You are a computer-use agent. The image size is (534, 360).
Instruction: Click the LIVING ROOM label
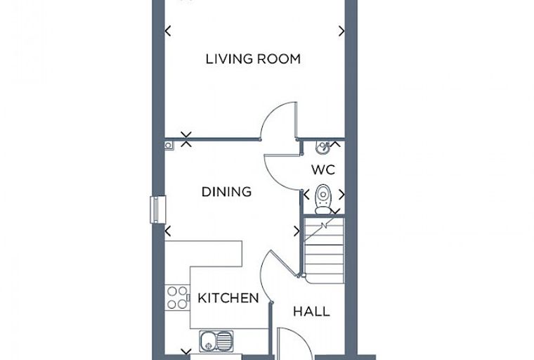[x=253, y=59]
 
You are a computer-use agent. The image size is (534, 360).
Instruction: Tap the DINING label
[x=226, y=191]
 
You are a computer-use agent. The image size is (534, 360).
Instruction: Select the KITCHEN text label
[x=228, y=298]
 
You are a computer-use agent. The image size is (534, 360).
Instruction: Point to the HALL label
[x=311, y=311]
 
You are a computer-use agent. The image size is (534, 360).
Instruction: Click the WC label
[x=323, y=169]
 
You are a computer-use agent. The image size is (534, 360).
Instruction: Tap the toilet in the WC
[x=323, y=199]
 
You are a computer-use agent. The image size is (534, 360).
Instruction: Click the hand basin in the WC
[x=323, y=147]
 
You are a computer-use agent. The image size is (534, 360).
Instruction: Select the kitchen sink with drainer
[x=216, y=340]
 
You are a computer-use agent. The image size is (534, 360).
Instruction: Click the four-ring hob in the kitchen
[x=177, y=297]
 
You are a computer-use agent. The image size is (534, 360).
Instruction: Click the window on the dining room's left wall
[x=157, y=210]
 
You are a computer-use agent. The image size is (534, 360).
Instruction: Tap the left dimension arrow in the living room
[x=167, y=31]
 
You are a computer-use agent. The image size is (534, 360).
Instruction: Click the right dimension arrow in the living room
[x=341, y=31]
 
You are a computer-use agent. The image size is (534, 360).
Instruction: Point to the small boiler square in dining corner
[x=169, y=146]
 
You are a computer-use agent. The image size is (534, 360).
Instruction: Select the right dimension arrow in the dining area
[x=297, y=231]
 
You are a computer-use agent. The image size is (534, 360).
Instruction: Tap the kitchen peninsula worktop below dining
[x=203, y=254]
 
